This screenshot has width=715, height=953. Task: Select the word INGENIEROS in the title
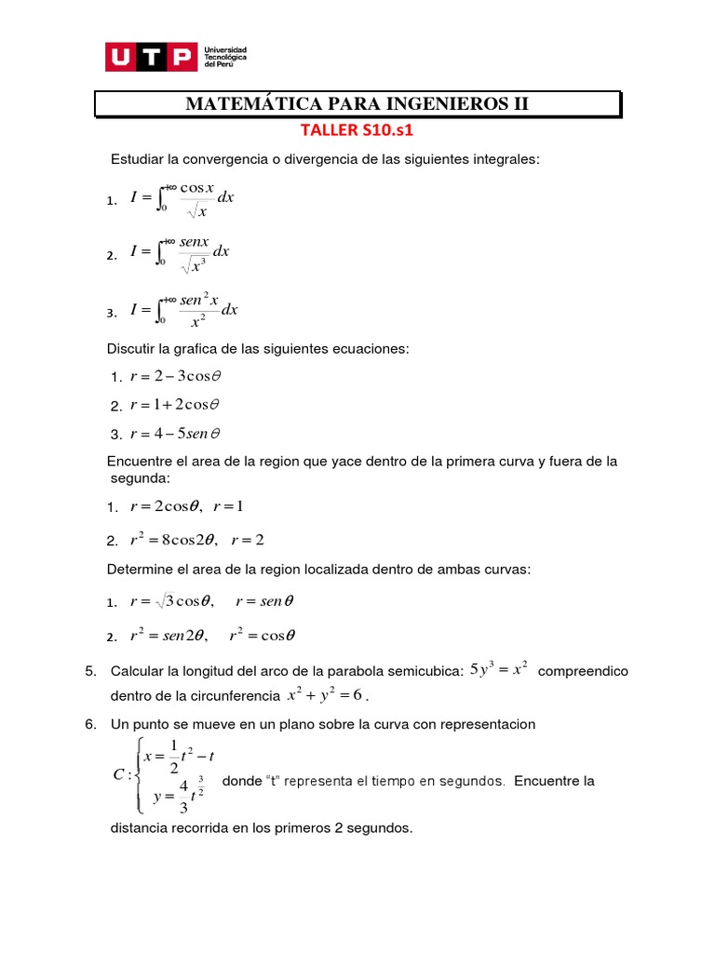pyautogui.click(x=439, y=104)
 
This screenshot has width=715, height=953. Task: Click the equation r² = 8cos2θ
pyautogui.click(x=172, y=540)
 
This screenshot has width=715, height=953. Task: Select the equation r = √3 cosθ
pyautogui.click(x=172, y=601)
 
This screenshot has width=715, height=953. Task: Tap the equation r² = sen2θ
pyautogui.click(x=172, y=637)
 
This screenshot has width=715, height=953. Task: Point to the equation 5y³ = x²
pyautogui.click(x=500, y=668)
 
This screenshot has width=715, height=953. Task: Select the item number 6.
pyautogui.click(x=89, y=724)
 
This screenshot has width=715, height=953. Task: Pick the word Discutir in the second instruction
pyautogui.click(x=135, y=348)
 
